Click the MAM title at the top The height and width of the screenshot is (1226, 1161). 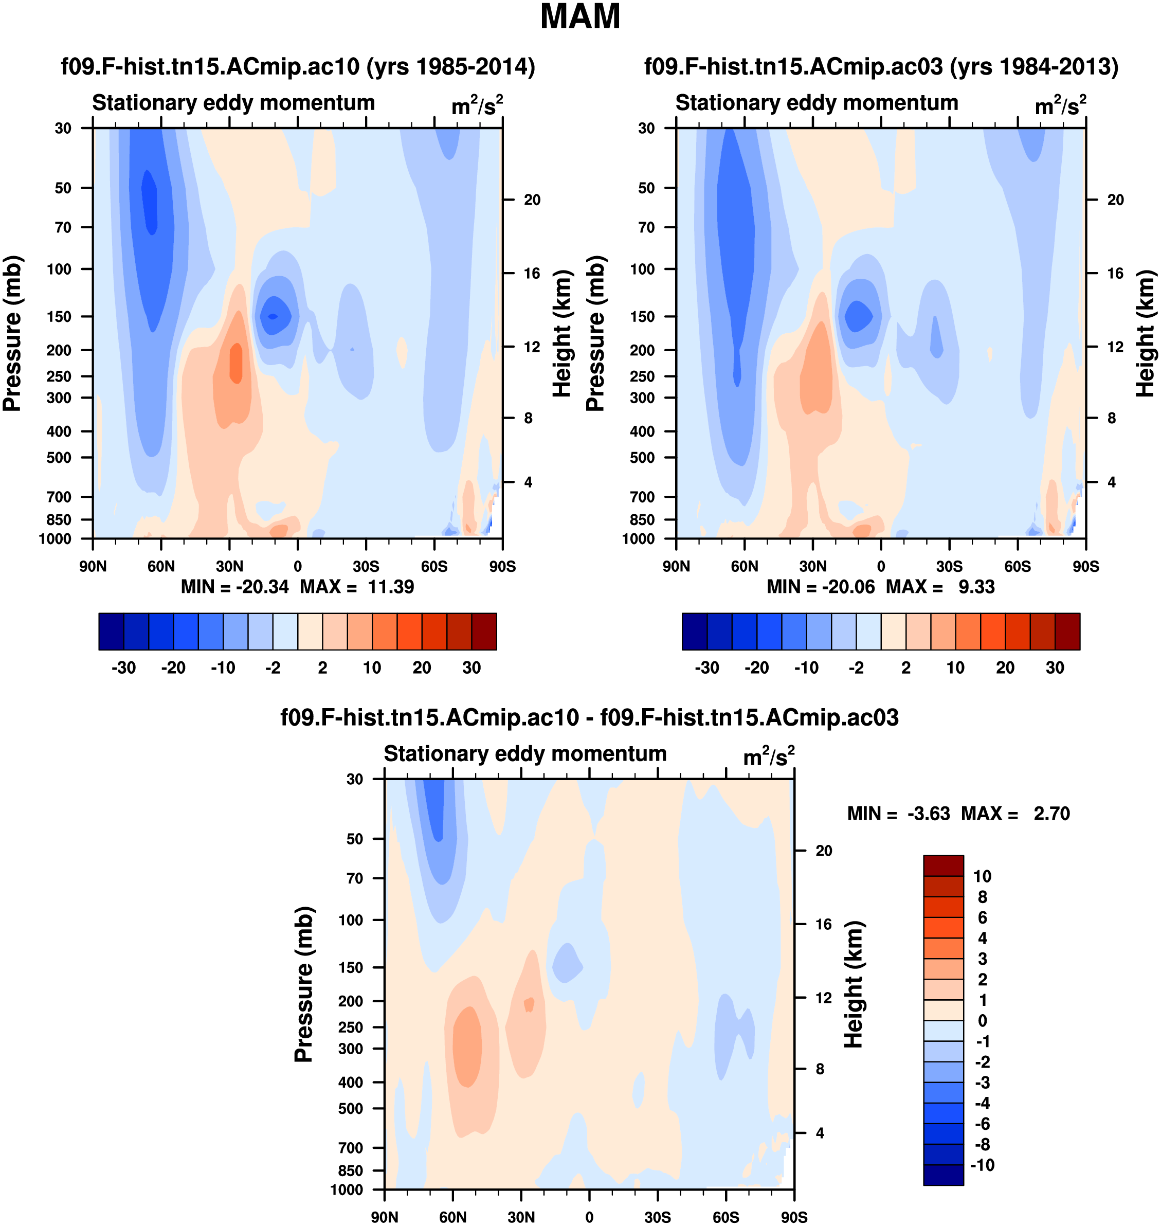(580, 16)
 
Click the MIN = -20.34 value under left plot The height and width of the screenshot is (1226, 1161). (234, 587)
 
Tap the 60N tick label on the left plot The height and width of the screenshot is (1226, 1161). (161, 566)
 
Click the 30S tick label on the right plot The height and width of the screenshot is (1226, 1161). (949, 566)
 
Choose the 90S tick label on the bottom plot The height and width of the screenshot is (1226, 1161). (793, 1217)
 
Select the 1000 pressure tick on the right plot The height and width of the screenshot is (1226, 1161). (638, 539)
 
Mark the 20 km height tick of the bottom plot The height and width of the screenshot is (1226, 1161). (824, 851)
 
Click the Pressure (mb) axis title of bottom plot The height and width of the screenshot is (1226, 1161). (304, 984)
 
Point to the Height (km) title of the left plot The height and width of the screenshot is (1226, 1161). (561, 334)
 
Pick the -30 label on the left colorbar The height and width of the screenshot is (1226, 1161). (123, 668)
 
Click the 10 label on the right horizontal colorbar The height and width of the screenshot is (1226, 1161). (955, 668)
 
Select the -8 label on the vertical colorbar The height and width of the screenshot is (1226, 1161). (982, 1144)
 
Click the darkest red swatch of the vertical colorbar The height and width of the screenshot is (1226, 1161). (943, 866)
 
